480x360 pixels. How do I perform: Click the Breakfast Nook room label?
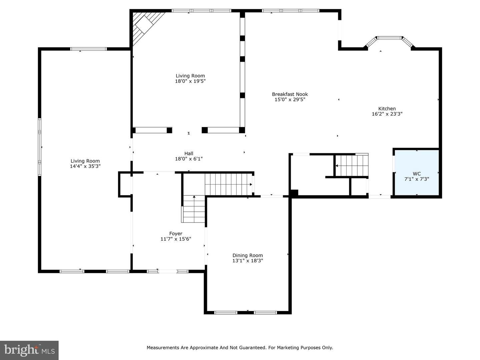click(290, 94)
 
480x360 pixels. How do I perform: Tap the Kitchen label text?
click(387, 109)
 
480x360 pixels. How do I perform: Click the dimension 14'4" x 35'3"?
click(85, 166)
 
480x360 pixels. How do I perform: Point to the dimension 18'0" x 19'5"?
click(190, 81)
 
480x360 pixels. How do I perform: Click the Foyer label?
click(176, 234)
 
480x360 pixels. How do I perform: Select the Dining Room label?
click(248, 255)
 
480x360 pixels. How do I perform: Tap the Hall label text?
click(189, 153)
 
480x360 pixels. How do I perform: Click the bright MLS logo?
click(29, 350)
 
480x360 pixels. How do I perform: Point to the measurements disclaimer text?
click(240, 348)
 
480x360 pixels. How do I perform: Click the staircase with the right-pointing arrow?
click(228, 184)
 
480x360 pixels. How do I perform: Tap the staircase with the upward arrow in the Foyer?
click(193, 209)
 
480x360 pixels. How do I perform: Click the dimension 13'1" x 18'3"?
click(248, 261)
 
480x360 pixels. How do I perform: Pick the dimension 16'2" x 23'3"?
click(387, 114)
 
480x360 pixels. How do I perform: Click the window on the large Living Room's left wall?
click(40, 147)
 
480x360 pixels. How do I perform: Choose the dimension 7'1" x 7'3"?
click(416, 179)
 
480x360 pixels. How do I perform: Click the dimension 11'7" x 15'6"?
click(176, 239)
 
